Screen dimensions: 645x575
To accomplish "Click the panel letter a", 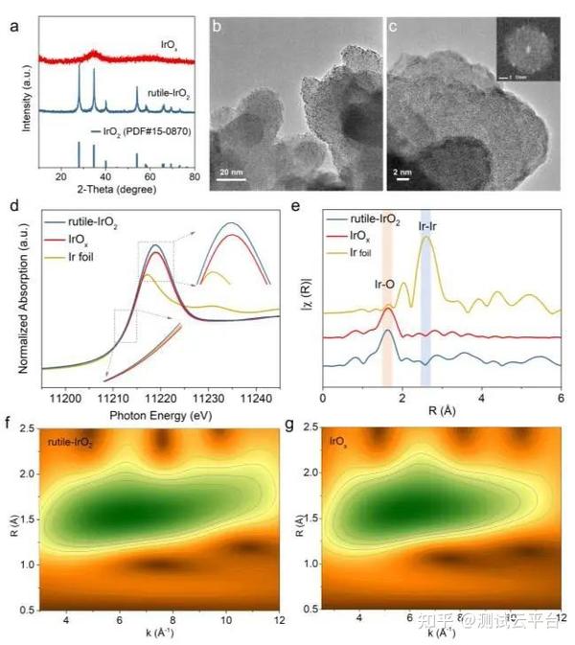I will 13,26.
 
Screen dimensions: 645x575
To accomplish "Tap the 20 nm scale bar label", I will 231,172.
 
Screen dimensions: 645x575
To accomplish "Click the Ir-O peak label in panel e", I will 385,285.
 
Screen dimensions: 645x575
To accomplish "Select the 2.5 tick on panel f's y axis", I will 29,427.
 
